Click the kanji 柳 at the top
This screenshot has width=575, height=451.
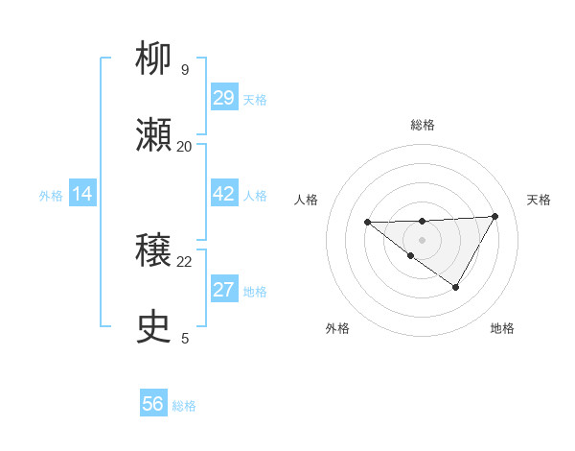(154, 60)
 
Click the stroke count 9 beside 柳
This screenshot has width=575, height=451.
(185, 70)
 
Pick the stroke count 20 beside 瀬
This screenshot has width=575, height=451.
(184, 146)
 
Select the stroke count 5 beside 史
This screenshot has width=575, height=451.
(185, 338)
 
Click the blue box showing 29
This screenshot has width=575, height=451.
(223, 98)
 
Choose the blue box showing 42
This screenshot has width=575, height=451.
(223, 194)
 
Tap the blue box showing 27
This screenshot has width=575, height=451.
(223, 290)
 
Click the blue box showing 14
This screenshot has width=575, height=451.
(82, 194)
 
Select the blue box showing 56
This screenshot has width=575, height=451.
(153, 404)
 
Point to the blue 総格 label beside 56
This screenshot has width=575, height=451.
(184, 406)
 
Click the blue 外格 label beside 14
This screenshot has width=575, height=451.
(51, 196)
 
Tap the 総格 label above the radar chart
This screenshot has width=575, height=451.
(422, 125)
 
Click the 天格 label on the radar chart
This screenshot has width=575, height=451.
(539, 200)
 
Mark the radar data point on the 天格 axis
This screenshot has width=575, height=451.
(494, 216)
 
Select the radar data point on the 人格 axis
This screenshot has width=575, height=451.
(367, 222)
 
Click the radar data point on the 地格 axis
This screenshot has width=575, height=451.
(455, 286)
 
